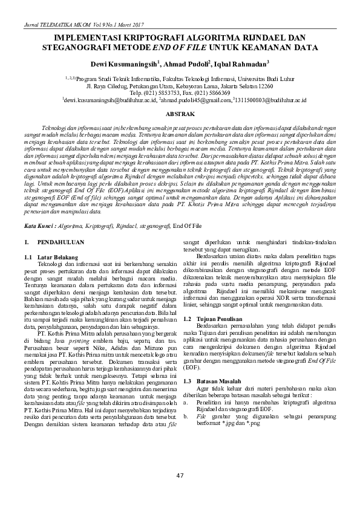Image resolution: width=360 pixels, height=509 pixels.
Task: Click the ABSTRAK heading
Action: tap(180, 114)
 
